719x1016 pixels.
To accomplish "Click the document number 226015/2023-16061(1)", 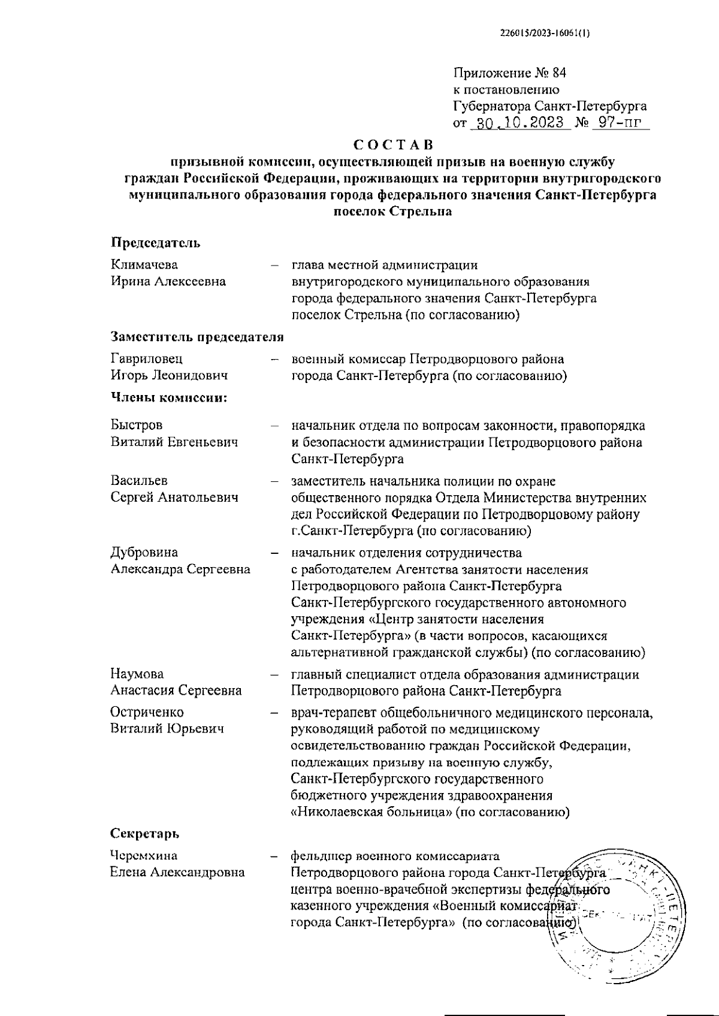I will click(x=544, y=34).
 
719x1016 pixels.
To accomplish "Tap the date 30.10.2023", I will click(x=518, y=123).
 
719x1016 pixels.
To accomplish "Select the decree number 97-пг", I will click(x=611, y=123).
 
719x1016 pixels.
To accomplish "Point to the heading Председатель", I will click(x=155, y=243).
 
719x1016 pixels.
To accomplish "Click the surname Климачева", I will click(x=144, y=265).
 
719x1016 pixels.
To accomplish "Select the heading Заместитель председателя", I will click(x=197, y=337).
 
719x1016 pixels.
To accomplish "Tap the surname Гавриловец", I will click(x=147, y=358).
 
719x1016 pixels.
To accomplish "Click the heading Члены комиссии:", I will click(x=168, y=397).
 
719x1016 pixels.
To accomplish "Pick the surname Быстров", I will click(x=137, y=426).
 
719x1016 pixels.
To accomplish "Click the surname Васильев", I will click(x=139, y=481).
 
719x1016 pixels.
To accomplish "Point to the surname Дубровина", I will click(x=144, y=552).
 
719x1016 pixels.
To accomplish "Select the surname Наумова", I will click(x=137, y=674).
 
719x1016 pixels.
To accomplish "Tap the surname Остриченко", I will click(x=147, y=712).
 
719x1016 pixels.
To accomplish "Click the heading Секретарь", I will click(x=145, y=834).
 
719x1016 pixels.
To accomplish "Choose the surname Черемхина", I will click(x=144, y=855).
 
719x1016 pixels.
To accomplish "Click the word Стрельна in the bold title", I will click(x=421, y=212).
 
